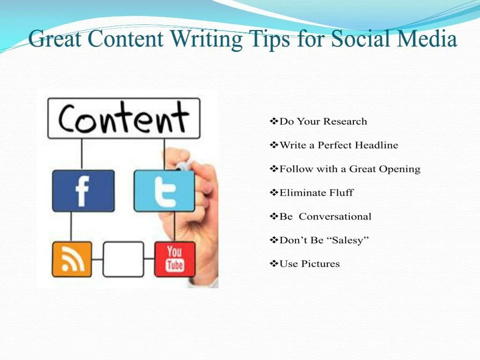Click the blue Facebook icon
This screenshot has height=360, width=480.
83,191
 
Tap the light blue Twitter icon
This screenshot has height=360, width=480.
164,191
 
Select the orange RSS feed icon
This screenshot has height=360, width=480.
72,259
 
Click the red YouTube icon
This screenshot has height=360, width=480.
174,259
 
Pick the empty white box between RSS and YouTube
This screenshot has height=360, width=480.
123,259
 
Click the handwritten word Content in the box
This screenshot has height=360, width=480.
124,118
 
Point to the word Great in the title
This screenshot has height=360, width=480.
56,39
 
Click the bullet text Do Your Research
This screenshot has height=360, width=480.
323,121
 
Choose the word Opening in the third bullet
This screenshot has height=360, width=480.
400,169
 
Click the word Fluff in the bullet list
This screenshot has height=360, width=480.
341,193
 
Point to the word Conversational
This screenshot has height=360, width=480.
335,217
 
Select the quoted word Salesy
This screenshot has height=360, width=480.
348,240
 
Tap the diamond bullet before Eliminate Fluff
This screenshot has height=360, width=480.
274,193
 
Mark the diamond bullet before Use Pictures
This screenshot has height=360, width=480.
274,264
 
